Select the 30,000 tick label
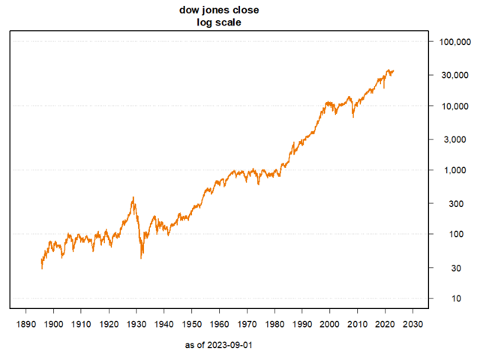[x=454, y=75]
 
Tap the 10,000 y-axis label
[x=454, y=106]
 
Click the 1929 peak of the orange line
[x=133, y=197]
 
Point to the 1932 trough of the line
[x=142, y=259]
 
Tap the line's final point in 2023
[x=394, y=71]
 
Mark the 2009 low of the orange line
[x=353, y=117]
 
